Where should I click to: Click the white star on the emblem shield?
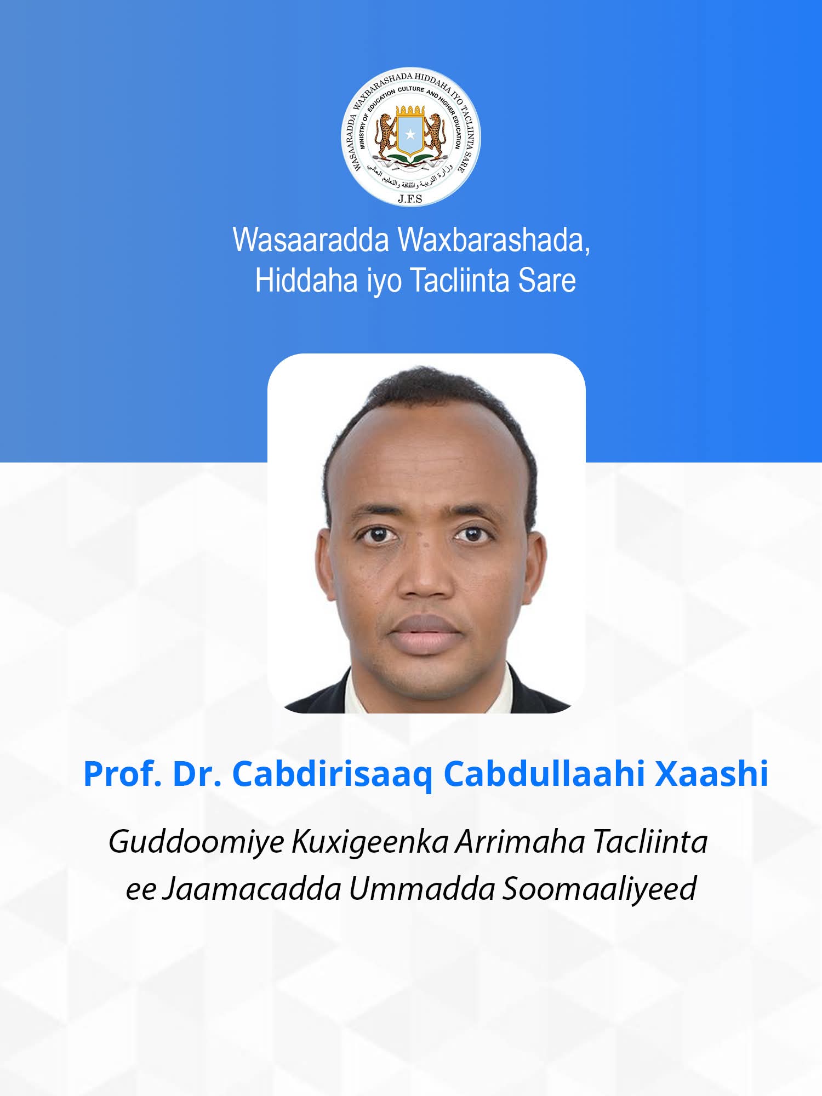coord(410,134)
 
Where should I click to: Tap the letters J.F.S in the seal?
coord(410,198)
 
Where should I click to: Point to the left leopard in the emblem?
coord(385,133)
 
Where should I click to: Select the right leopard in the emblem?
coord(436,133)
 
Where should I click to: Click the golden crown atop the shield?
coord(410,110)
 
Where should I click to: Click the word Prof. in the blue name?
coord(122,774)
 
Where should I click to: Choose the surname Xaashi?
coord(712,774)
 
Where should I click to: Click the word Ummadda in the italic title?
coord(422,889)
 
